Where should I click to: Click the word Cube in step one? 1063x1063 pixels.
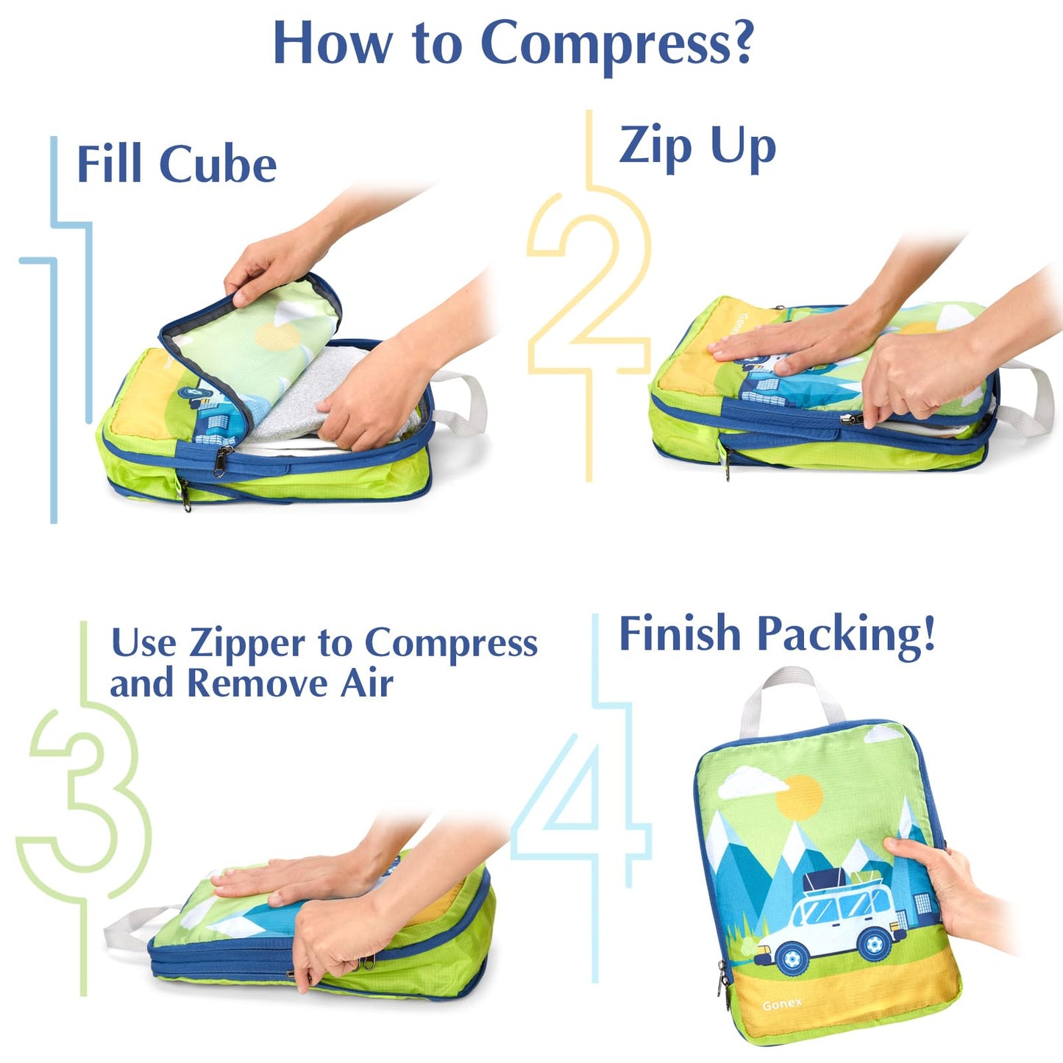[218, 163]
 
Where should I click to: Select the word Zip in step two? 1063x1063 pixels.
[655, 146]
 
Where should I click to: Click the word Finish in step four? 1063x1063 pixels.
[680, 633]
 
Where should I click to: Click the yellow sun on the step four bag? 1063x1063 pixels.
[800, 796]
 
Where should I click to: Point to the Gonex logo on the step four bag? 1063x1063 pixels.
[782, 1005]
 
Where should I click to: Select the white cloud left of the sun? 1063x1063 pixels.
[753, 781]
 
